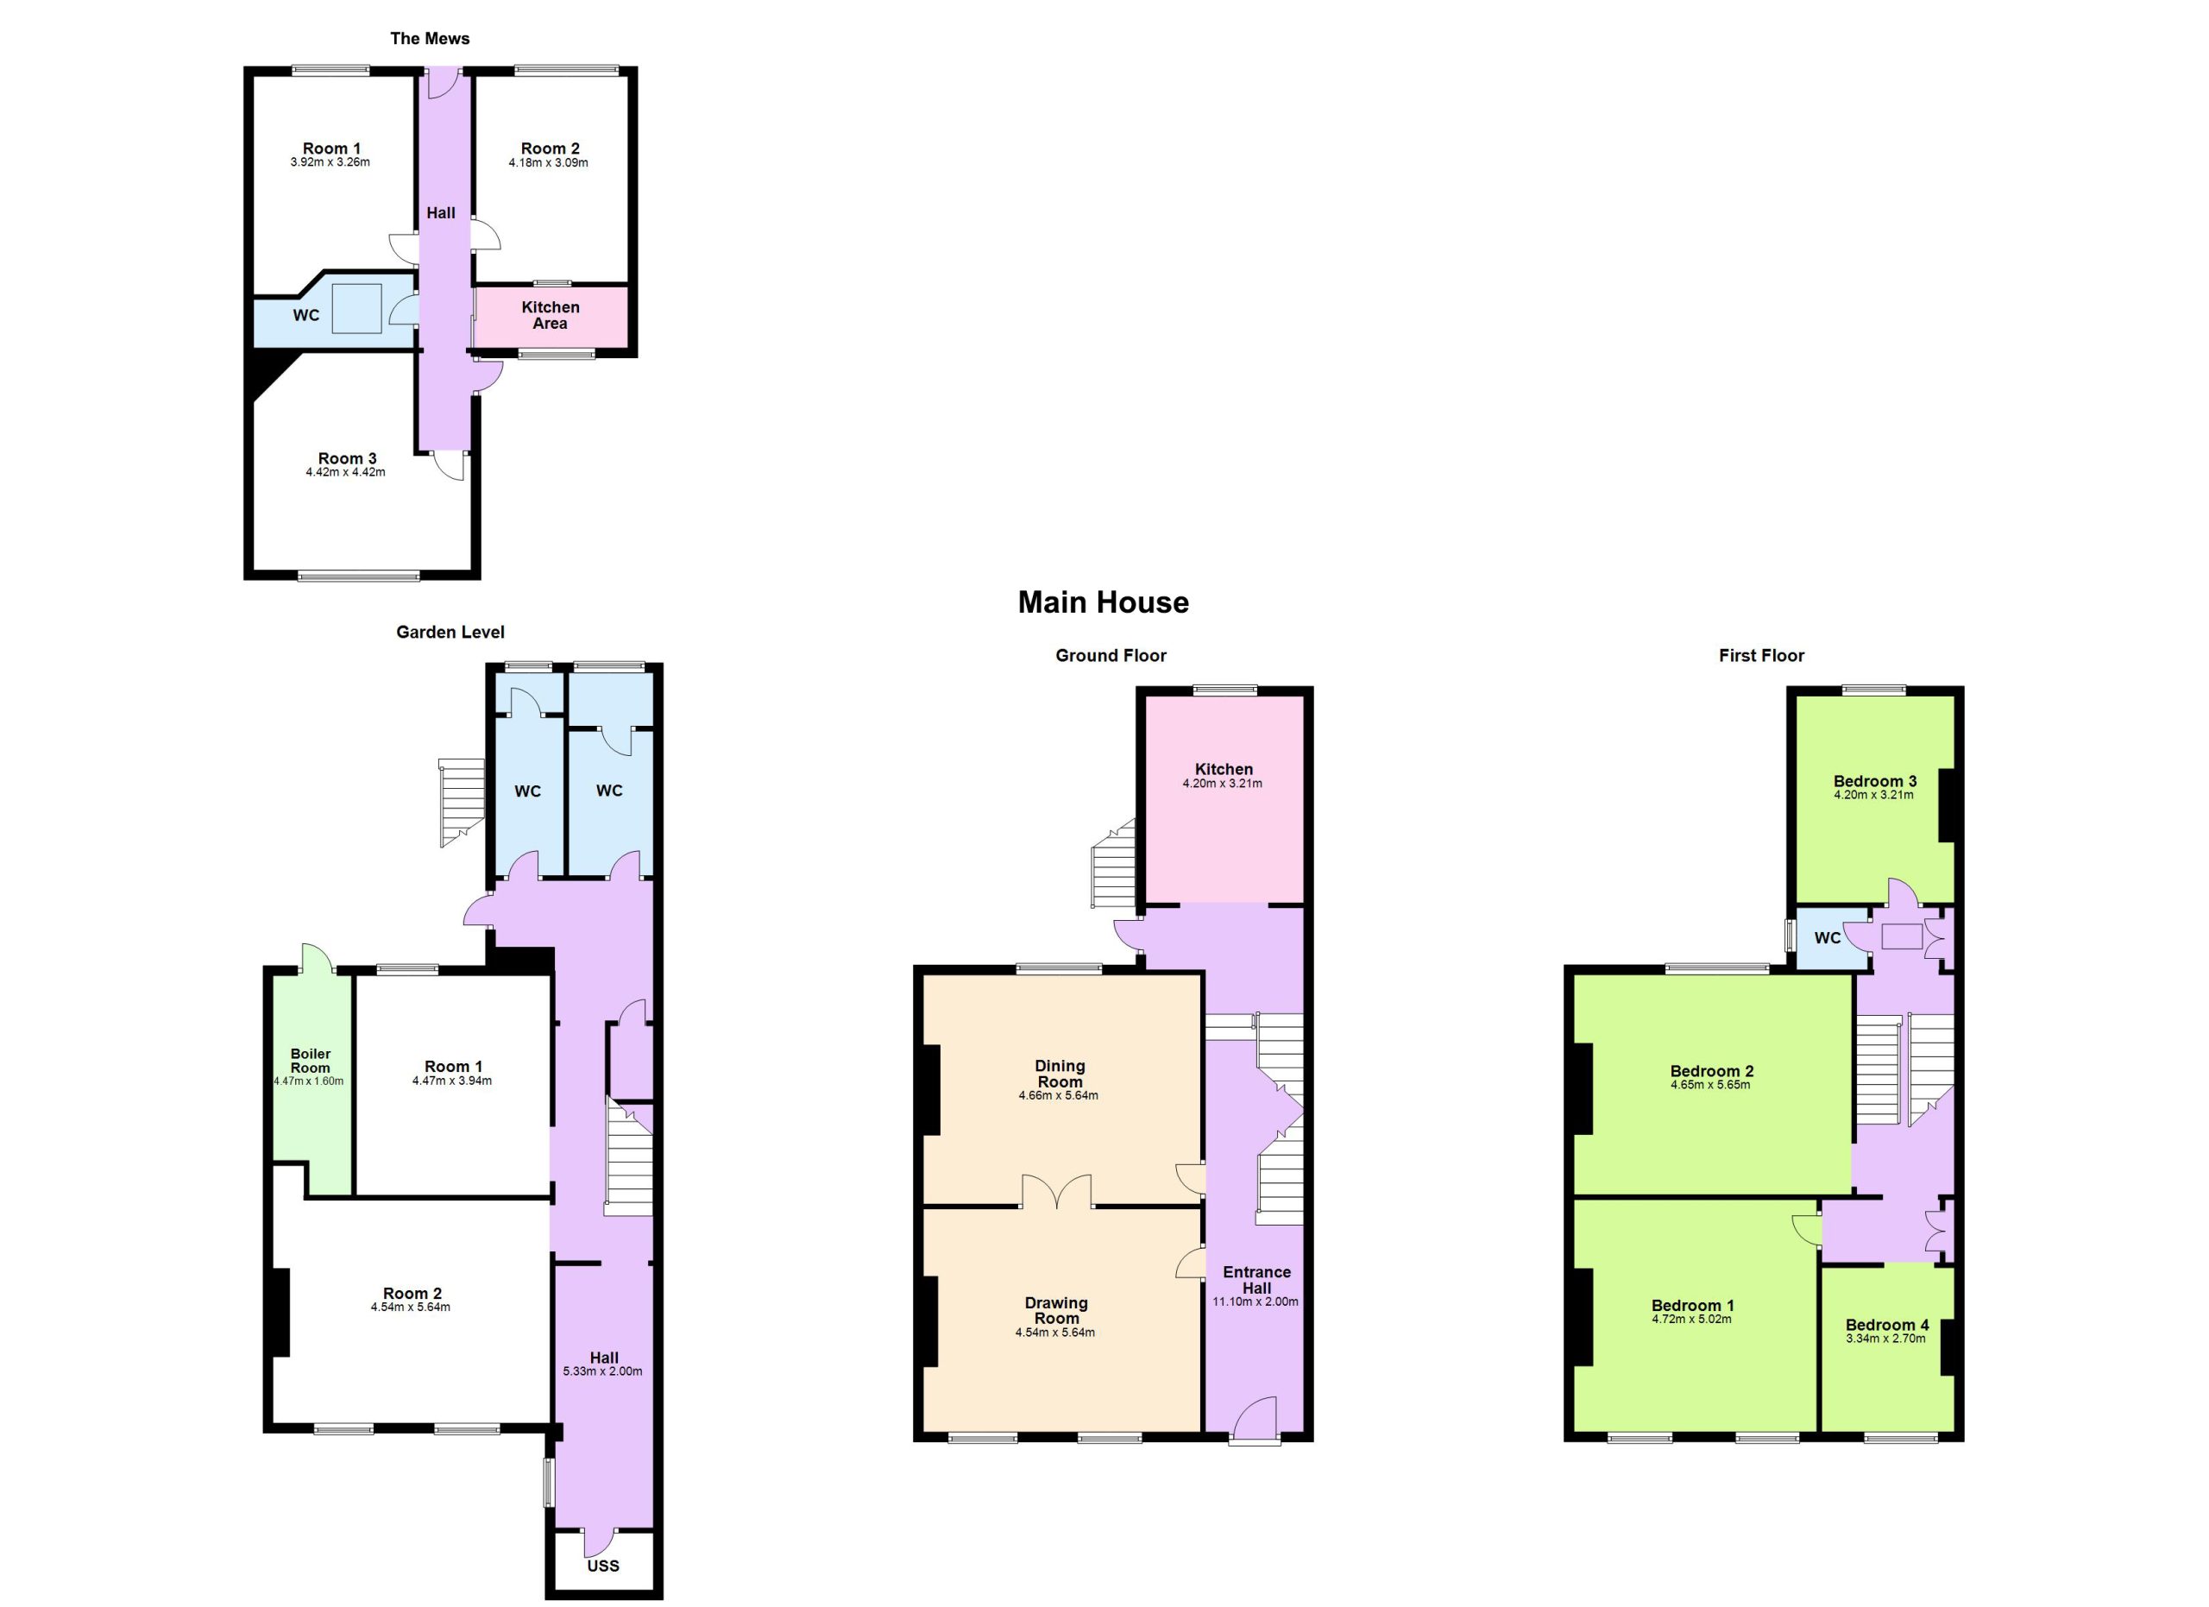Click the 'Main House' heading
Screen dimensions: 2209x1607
1103,603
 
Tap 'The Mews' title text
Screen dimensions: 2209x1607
430,39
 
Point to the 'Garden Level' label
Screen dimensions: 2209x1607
450,632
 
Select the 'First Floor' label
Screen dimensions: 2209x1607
1761,655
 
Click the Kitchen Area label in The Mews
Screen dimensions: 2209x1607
551,315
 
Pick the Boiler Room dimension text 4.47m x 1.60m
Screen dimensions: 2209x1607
309,1081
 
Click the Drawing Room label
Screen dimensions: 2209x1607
1056,1310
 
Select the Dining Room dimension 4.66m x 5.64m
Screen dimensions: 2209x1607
1059,1096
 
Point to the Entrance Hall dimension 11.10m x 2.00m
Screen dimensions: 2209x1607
1256,1301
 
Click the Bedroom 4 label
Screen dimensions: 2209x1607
1886,1325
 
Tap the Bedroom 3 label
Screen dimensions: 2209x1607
1875,781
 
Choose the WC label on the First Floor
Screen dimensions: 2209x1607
1828,938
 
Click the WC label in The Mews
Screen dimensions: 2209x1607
305,316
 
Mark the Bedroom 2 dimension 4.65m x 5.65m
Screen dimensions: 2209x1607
1710,1085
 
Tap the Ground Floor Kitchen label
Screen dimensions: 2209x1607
1224,770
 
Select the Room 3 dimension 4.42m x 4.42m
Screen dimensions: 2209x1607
346,472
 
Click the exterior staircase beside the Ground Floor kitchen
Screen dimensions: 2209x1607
1113,864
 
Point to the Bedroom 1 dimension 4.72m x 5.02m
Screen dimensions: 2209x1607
1692,1320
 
